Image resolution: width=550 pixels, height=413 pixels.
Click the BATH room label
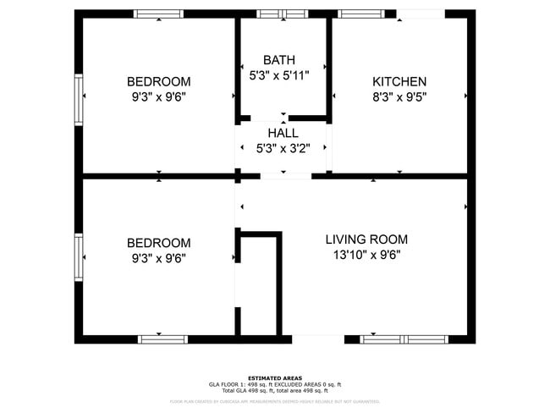pyautogui.click(x=279, y=60)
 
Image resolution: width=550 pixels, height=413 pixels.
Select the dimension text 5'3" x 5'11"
pyautogui.click(x=279, y=75)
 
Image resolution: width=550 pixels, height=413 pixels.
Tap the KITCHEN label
pyautogui.click(x=399, y=82)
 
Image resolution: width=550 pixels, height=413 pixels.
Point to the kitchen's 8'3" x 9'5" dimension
pyautogui.click(x=399, y=96)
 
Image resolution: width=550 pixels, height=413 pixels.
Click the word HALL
pyautogui.click(x=283, y=133)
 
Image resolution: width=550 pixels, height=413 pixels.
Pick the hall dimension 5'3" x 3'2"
pyautogui.click(x=283, y=148)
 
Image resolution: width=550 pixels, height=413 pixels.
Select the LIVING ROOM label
pyautogui.click(x=366, y=240)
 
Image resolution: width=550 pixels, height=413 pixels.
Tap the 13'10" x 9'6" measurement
pyautogui.click(x=366, y=255)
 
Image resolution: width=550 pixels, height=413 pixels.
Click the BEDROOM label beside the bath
pyautogui.click(x=158, y=82)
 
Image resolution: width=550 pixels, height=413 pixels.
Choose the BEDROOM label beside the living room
pyautogui.click(x=158, y=243)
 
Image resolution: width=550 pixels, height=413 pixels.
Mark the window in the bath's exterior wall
pyautogui.click(x=283, y=14)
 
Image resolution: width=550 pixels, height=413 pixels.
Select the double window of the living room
pyautogui.click(x=404, y=339)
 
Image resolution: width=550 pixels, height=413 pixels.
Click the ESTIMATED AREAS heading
pyautogui.click(x=275, y=378)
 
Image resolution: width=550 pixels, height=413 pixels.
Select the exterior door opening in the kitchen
pyautogui.click(x=421, y=14)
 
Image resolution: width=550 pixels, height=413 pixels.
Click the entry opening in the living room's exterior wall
pyautogui.click(x=317, y=339)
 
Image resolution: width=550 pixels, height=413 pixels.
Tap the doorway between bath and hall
pyautogui.click(x=283, y=118)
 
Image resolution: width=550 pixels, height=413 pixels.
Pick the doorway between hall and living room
pyautogui.click(x=284, y=176)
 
